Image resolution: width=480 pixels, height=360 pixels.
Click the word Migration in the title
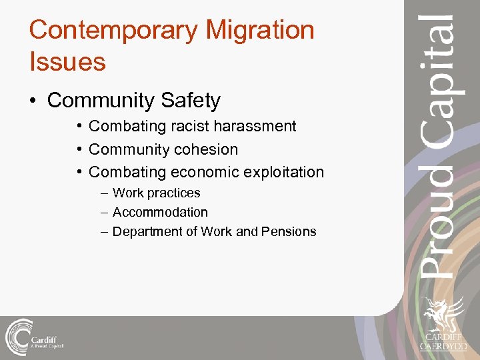(x=260, y=31)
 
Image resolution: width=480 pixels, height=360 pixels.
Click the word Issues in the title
(x=67, y=62)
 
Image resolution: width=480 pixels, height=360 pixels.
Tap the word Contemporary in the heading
(x=113, y=31)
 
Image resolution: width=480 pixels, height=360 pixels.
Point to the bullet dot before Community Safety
(x=33, y=101)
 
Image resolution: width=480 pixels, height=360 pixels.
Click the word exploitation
(x=284, y=172)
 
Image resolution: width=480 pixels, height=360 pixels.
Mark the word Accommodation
(x=160, y=213)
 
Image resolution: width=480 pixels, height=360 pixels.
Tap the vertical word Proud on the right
(x=439, y=237)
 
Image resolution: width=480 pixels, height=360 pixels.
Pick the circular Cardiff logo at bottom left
(x=19, y=336)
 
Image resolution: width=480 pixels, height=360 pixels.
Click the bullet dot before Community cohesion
(x=79, y=149)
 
